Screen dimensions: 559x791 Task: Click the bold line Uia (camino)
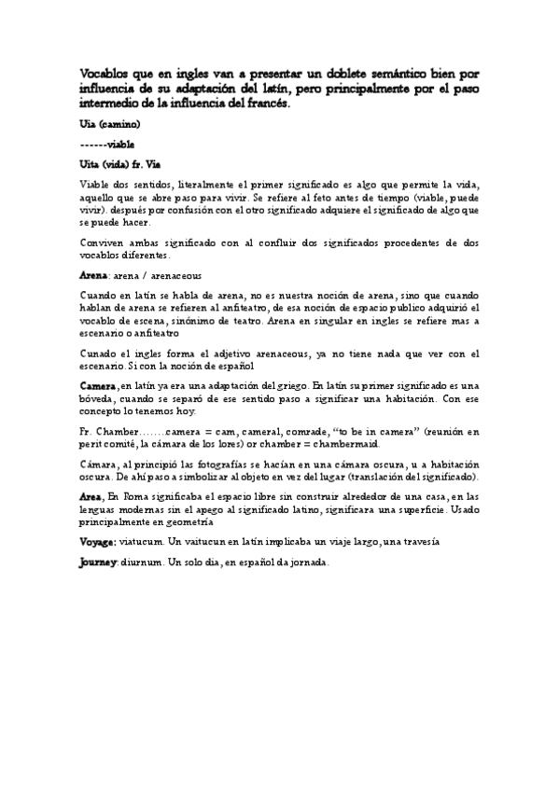110,123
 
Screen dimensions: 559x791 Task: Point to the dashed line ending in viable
107,144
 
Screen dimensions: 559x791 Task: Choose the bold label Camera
98,385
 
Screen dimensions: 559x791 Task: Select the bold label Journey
98,562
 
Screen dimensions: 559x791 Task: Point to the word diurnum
140,562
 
